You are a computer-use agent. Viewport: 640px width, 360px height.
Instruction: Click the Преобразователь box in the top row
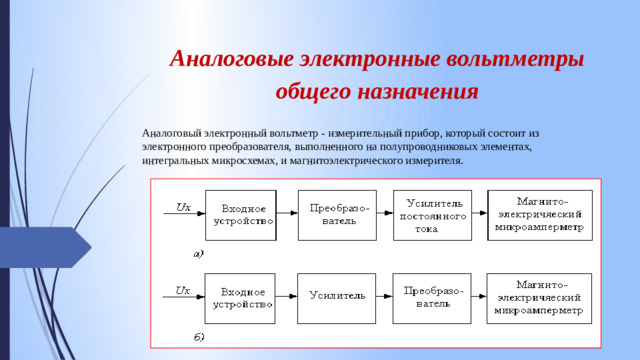tap(339, 214)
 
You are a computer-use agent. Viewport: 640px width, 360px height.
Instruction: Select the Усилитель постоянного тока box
tap(433, 214)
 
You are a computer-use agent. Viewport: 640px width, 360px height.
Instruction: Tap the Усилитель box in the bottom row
tap(339, 296)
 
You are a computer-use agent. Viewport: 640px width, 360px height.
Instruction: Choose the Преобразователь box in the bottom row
tap(433, 296)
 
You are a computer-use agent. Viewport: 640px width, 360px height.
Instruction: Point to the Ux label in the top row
tap(183, 207)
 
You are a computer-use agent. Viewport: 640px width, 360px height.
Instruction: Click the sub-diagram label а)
tap(198, 254)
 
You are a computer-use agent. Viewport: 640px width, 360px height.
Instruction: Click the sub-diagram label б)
tap(198, 337)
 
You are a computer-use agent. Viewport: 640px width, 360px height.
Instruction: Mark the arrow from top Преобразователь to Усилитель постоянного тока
tap(383, 214)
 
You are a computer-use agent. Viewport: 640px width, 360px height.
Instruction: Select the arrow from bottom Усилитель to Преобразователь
tap(383, 296)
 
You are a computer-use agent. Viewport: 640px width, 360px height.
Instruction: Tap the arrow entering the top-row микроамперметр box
tap(479, 214)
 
